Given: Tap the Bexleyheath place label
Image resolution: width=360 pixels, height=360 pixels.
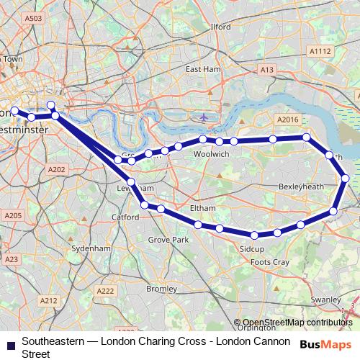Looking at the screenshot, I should [302, 186].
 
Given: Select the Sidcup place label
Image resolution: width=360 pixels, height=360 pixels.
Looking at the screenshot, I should [252, 248].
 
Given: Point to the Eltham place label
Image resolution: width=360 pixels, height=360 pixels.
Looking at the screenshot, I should [202, 208].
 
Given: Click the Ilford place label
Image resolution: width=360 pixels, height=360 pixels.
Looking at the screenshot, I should [220, 27].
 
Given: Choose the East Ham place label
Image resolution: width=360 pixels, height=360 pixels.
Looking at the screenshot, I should [202, 69].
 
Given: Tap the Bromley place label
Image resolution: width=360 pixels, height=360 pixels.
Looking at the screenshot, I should [161, 289].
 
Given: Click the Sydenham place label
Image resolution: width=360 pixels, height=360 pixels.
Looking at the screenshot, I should [91, 248].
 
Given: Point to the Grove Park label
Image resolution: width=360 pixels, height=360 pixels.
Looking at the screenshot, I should [168, 239].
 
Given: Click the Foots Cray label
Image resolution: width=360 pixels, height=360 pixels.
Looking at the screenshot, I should [270, 263].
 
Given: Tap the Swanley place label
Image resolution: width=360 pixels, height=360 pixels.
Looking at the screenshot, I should [326, 299].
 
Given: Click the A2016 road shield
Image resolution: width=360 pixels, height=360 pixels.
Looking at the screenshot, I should [286, 120].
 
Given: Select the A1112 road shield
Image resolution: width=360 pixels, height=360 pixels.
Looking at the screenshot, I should [320, 51].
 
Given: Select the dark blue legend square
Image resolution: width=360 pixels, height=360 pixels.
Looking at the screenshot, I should [11, 345].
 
